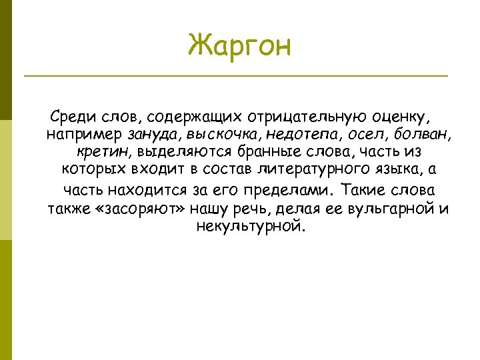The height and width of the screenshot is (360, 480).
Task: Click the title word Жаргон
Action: (x=239, y=46)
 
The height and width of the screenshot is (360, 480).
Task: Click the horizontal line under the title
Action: (x=235, y=76)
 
